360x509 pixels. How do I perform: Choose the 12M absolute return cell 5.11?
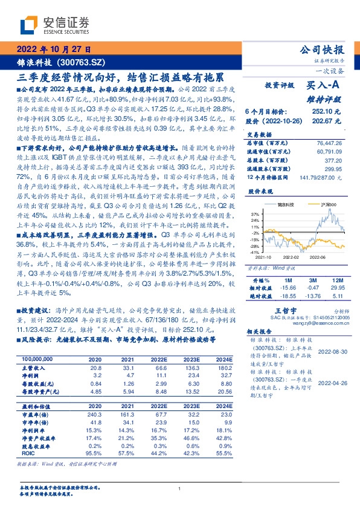tap(338, 296)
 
